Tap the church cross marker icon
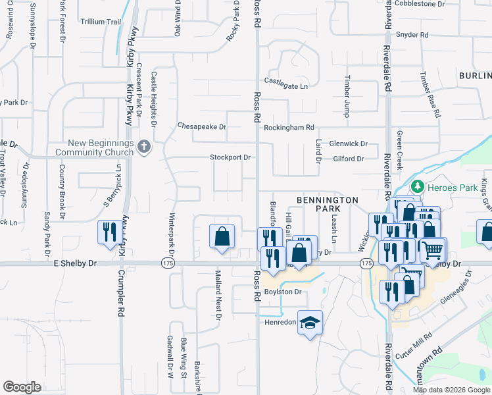[x=145, y=147]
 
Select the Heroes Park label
[x=461, y=188]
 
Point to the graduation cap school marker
[x=310, y=323]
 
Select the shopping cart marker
[x=433, y=250]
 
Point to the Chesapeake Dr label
[x=202, y=126]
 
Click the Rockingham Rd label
[x=289, y=127]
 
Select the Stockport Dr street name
[x=230, y=157]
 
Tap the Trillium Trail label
[x=101, y=22]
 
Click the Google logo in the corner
[x=22, y=387]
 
